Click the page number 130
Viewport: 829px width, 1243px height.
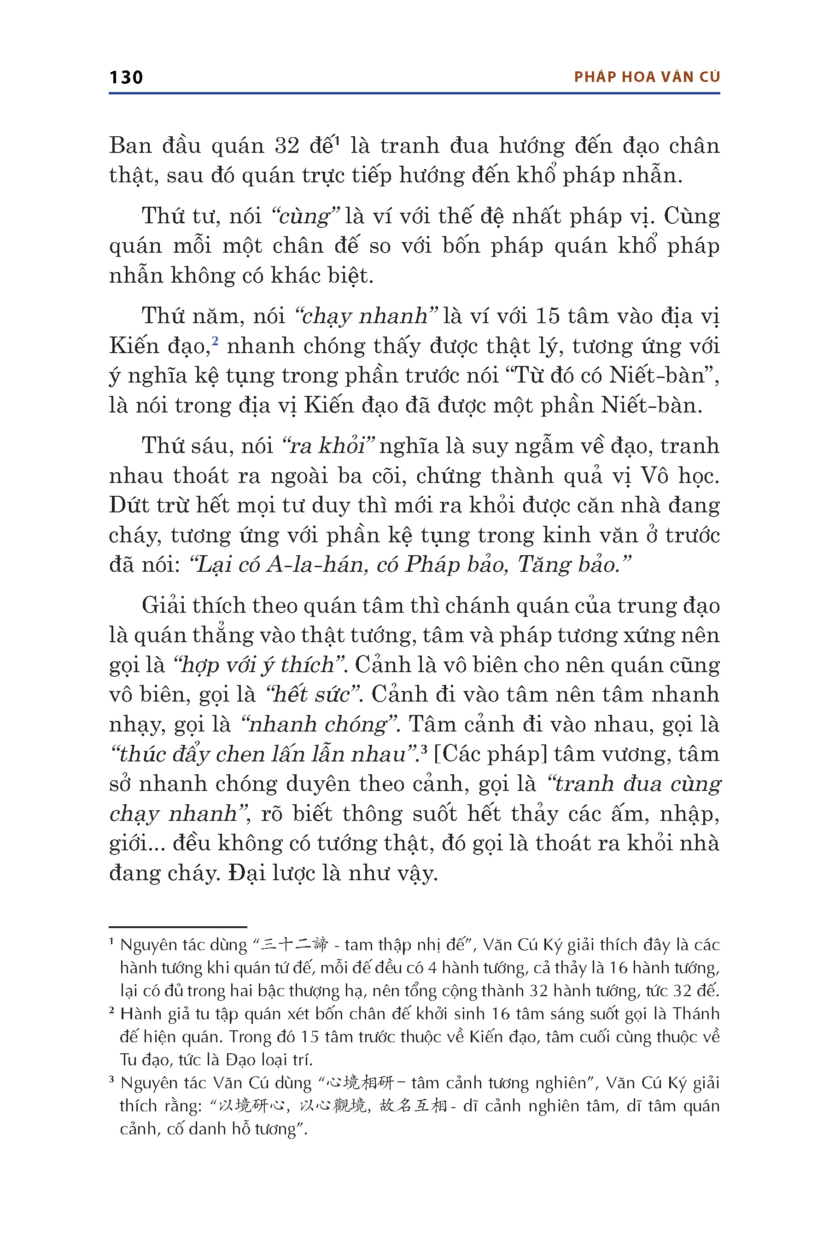(x=126, y=78)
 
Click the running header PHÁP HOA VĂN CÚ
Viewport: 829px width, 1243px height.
(x=647, y=77)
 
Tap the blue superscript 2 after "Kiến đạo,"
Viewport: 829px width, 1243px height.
(x=215, y=340)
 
